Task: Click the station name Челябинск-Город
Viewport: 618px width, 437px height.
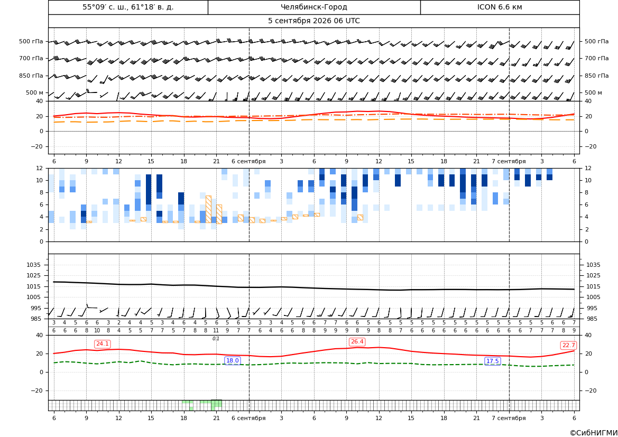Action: click(x=313, y=7)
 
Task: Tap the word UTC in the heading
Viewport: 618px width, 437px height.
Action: click(x=353, y=21)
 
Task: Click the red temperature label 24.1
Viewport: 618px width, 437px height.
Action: click(x=103, y=343)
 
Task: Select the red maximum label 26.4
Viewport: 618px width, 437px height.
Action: click(x=357, y=342)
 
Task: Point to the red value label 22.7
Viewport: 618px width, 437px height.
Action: click(x=568, y=345)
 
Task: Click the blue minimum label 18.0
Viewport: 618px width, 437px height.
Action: click(x=232, y=360)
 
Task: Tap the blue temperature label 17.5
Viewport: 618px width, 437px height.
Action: click(x=492, y=361)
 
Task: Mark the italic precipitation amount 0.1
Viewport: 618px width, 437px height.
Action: click(x=216, y=339)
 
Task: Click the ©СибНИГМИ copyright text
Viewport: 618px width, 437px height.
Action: click(x=594, y=433)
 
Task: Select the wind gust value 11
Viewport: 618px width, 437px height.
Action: click(x=216, y=331)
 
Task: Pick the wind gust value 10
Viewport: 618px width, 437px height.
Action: click(x=97, y=331)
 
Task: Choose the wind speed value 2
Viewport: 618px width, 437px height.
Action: click(x=118, y=323)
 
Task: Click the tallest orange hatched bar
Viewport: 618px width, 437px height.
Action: click(x=208, y=209)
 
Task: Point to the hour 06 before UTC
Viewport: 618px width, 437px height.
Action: click(x=338, y=21)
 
